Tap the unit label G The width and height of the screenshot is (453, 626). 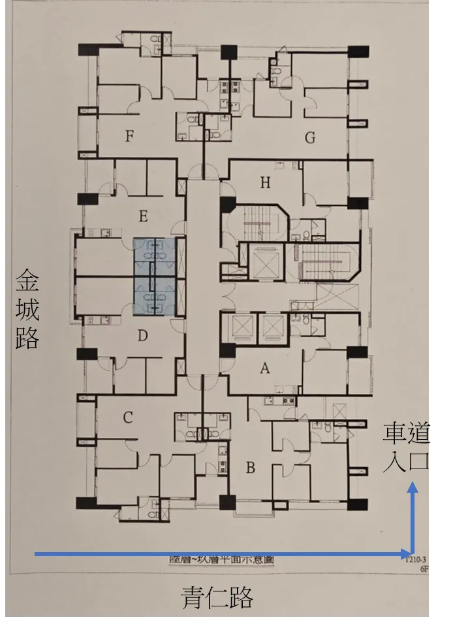tap(310, 138)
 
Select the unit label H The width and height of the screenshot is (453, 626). tap(265, 182)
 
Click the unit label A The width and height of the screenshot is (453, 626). tap(265, 369)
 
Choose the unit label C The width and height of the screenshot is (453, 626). tap(128, 418)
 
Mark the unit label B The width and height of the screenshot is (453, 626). tap(250, 467)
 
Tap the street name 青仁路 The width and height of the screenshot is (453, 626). tap(217, 597)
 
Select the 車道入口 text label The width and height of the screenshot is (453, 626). tap(406, 447)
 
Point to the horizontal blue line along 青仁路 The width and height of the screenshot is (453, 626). tap(222, 554)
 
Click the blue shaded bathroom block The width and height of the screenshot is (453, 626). tap(155, 278)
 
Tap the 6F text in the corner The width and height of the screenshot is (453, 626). tap(424, 569)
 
